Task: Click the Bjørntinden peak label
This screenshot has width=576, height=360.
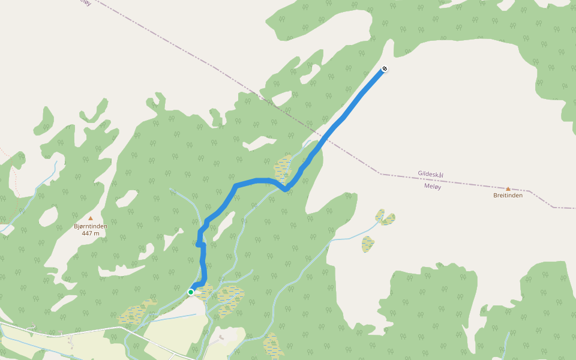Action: point(91,226)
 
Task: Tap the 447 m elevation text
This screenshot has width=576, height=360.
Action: point(91,233)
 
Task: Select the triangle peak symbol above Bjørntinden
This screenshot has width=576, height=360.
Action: point(91,218)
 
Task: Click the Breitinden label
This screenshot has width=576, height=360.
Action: point(508,195)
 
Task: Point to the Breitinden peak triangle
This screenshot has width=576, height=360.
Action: point(508,188)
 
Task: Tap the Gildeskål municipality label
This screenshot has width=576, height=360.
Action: point(430,174)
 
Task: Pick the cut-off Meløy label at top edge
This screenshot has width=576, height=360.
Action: point(85,2)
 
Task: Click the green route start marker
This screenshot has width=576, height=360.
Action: point(191,292)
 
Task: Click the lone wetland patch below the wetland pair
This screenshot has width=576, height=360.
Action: point(368,244)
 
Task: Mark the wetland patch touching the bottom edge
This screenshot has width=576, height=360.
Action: point(273,346)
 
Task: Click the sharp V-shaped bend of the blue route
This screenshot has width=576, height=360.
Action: point(287,190)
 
